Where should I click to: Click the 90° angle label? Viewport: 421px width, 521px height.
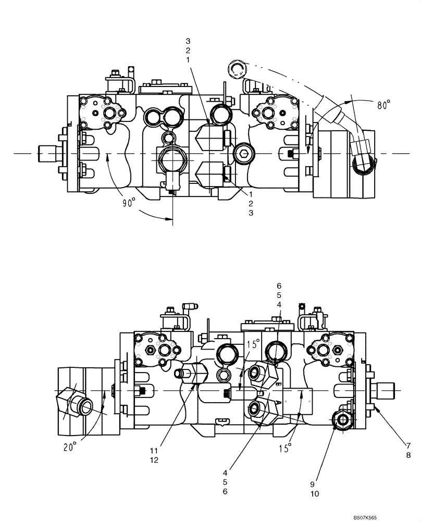tap(128, 203)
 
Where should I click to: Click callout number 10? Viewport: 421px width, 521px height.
tap(315, 493)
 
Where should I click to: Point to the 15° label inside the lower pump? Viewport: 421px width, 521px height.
tap(254, 344)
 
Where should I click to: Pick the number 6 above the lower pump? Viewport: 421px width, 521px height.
tap(279, 286)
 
